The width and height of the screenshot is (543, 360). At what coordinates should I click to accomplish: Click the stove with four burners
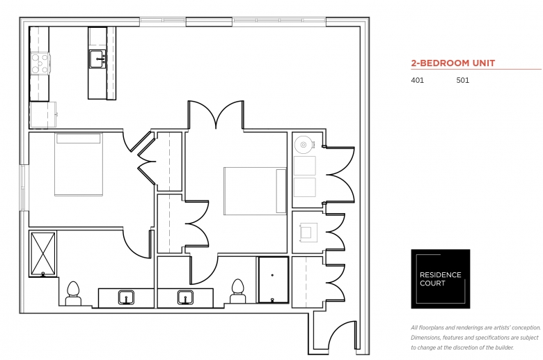[x=40, y=63]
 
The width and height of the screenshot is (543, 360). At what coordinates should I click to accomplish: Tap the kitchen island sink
[x=98, y=59]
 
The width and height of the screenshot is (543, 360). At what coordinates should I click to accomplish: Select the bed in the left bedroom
[x=79, y=164]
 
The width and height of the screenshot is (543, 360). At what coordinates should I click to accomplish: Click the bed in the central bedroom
[x=255, y=191]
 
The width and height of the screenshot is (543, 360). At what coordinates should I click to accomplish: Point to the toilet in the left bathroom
[x=73, y=294]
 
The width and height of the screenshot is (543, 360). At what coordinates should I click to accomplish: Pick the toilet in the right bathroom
[x=237, y=292]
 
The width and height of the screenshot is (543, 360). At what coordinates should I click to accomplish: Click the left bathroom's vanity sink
[x=126, y=297]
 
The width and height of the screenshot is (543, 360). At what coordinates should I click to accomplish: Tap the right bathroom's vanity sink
[x=186, y=297]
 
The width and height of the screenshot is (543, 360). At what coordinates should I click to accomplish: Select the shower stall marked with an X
[x=43, y=254]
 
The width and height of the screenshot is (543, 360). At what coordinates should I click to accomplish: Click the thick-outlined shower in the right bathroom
[x=273, y=280]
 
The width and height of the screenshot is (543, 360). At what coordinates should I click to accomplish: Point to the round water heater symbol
[x=304, y=144]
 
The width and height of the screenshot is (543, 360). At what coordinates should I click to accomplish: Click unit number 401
[x=417, y=80]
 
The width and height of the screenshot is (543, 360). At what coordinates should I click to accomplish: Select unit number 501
[x=463, y=80]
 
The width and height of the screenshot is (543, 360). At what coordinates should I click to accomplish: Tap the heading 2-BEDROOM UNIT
[x=453, y=63]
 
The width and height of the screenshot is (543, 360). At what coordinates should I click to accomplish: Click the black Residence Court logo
[x=441, y=279]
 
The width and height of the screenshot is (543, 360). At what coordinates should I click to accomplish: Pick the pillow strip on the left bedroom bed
[x=79, y=139]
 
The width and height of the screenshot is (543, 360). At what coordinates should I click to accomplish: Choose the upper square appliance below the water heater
[x=305, y=166]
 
